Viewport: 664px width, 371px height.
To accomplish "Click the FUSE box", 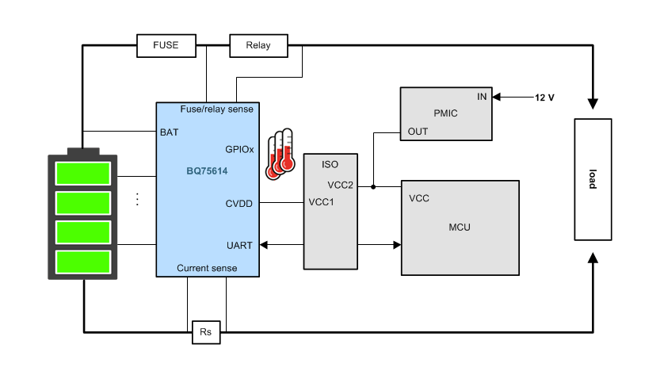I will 166,45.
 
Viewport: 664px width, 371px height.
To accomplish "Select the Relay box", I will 258,45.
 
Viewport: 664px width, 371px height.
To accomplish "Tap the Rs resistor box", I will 205,332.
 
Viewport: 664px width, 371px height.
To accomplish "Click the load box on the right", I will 592,179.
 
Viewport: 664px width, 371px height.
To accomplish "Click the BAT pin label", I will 169,132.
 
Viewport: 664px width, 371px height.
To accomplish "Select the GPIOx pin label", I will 239,148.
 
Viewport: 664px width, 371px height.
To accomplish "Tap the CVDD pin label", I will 239,204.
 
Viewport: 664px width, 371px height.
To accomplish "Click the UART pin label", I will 239,246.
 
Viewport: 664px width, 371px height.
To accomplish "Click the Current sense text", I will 206,269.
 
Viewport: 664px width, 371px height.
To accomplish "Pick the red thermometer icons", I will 280,153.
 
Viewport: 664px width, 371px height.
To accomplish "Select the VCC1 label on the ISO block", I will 322,202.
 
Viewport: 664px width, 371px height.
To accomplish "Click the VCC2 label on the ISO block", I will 340,185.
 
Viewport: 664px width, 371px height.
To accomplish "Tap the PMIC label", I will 446,113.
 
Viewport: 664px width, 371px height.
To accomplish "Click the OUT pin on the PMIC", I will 417,131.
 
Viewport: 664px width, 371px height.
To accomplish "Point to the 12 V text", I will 544,97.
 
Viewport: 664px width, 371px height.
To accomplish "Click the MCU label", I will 459,227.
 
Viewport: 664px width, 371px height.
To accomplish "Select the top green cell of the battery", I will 83,172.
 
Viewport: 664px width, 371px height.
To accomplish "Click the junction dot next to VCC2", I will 372,187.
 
